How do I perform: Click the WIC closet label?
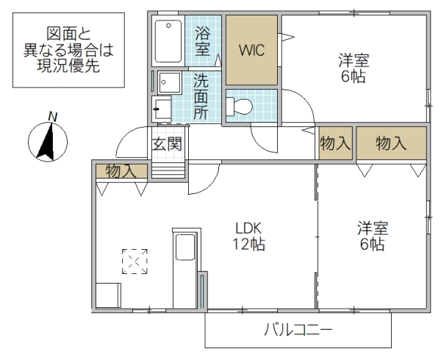[251, 51]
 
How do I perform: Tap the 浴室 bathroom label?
[203, 40]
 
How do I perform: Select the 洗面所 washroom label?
[200, 96]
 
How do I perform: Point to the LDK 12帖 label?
[250, 235]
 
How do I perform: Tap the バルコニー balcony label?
[298, 330]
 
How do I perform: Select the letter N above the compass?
[52, 115]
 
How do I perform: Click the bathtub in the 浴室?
[168, 43]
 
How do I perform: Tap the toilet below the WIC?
[240, 107]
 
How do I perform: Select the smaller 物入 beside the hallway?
[335, 143]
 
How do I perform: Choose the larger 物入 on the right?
[391, 143]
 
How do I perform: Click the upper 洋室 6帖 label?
[353, 68]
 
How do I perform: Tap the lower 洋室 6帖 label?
[372, 235]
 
